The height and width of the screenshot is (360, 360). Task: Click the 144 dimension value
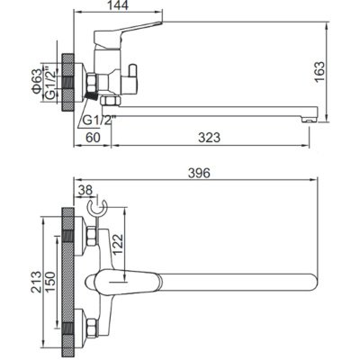coord(118,5)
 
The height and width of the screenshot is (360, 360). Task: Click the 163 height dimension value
coord(319,71)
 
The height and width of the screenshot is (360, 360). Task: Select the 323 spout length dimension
coord(209,138)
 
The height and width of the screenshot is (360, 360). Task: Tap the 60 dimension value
coord(93,138)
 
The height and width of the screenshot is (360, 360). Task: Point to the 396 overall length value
coord(199,173)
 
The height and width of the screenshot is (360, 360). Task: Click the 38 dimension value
coord(85,190)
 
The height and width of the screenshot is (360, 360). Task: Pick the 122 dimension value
coord(118,244)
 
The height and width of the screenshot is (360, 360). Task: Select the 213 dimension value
coord(36,282)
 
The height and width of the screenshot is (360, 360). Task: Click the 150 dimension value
coord(50,282)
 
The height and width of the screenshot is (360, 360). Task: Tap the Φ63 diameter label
coord(37,81)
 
